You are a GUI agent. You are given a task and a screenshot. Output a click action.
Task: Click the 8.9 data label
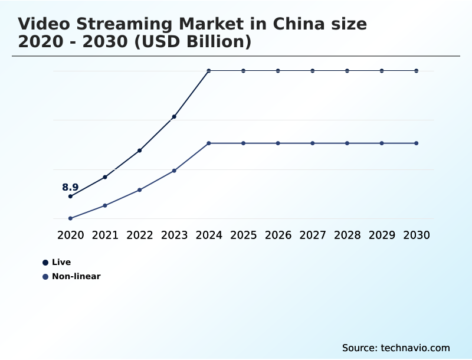point(70,188)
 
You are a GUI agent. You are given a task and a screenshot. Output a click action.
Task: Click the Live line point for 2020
point(70,197)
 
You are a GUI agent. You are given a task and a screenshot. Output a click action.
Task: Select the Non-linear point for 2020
point(70,218)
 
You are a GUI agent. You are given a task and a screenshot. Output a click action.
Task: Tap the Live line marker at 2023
point(174,117)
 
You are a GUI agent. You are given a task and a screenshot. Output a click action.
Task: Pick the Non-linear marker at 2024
point(209,143)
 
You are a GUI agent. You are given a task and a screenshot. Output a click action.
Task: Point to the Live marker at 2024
point(209,71)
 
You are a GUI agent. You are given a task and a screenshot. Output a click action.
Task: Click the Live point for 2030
point(417,71)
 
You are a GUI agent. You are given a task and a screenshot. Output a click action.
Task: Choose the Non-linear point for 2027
point(313,143)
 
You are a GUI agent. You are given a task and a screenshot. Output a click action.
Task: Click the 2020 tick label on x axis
point(70,235)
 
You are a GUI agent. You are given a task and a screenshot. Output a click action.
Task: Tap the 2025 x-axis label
point(243,235)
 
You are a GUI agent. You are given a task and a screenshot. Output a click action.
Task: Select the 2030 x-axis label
point(417,235)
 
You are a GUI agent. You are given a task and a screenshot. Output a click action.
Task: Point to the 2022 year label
point(140,235)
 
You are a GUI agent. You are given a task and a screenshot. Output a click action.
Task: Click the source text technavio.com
point(415,348)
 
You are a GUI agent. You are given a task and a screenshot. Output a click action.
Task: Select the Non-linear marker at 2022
point(140,190)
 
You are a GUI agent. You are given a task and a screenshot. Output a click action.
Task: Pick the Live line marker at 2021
point(105,177)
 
